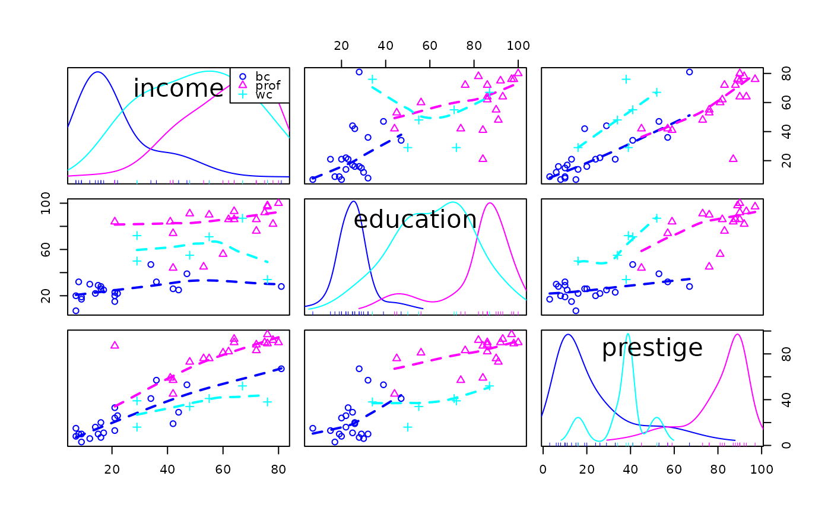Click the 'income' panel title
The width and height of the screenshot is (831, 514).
click(x=178, y=88)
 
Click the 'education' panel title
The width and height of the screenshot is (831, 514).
click(x=415, y=220)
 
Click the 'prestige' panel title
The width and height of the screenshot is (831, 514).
click(x=652, y=348)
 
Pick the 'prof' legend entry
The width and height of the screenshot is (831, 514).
click(x=268, y=85)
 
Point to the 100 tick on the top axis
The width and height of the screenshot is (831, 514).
click(x=518, y=46)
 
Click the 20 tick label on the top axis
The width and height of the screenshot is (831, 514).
click(x=341, y=46)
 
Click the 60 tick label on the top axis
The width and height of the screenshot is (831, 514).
click(x=430, y=46)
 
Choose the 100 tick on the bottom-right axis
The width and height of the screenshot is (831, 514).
click(x=761, y=469)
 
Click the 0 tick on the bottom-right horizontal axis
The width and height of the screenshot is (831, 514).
click(x=543, y=469)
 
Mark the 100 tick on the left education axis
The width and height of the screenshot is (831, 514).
click(x=46, y=204)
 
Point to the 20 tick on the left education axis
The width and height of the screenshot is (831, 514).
click(x=46, y=296)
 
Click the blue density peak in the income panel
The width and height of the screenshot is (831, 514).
click(x=98, y=72)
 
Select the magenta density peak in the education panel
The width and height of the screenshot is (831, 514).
click(x=490, y=204)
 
